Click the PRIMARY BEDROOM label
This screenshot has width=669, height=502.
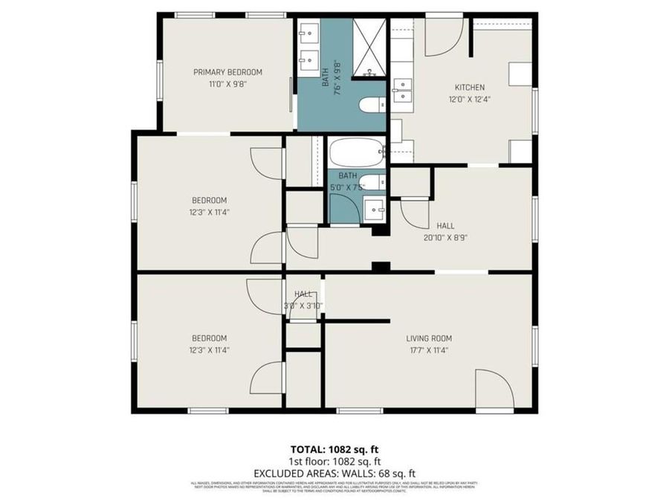(227, 72)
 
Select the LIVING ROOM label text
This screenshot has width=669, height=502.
(429, 338)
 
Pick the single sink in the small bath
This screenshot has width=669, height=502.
(374, 209)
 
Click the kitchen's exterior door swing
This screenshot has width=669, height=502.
(443, 37)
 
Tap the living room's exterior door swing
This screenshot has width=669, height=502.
(494, 390)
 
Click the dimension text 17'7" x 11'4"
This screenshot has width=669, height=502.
(429, 350)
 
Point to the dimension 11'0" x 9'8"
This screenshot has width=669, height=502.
(227, 84)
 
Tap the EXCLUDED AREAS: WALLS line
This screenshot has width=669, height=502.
(334, 472)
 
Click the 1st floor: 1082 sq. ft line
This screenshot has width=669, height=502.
(334, 460)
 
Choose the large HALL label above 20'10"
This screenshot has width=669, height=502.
(445, 226)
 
